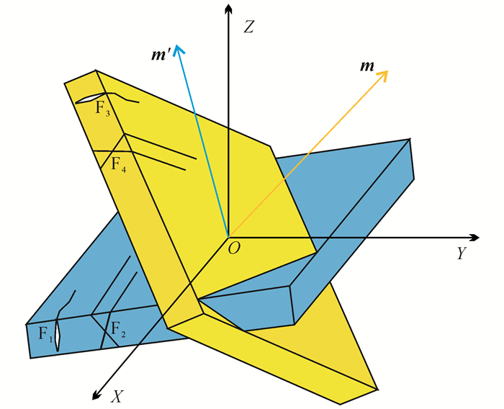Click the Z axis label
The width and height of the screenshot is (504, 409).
coord(249,28)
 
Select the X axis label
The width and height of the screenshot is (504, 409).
coord(116,395)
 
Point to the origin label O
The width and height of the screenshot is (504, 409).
coord(234,248)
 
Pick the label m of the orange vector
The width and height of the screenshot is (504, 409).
coord(367,66)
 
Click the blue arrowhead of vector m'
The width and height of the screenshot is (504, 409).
coord(179,49)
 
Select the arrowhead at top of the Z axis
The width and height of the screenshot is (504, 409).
coord(228,9)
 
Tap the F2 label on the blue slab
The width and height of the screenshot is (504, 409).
coord(118,331)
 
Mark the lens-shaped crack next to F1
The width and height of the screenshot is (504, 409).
coord(60,333)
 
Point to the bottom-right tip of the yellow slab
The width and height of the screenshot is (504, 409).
coord(378,389)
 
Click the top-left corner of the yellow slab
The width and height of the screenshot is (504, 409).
coord(65,84)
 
